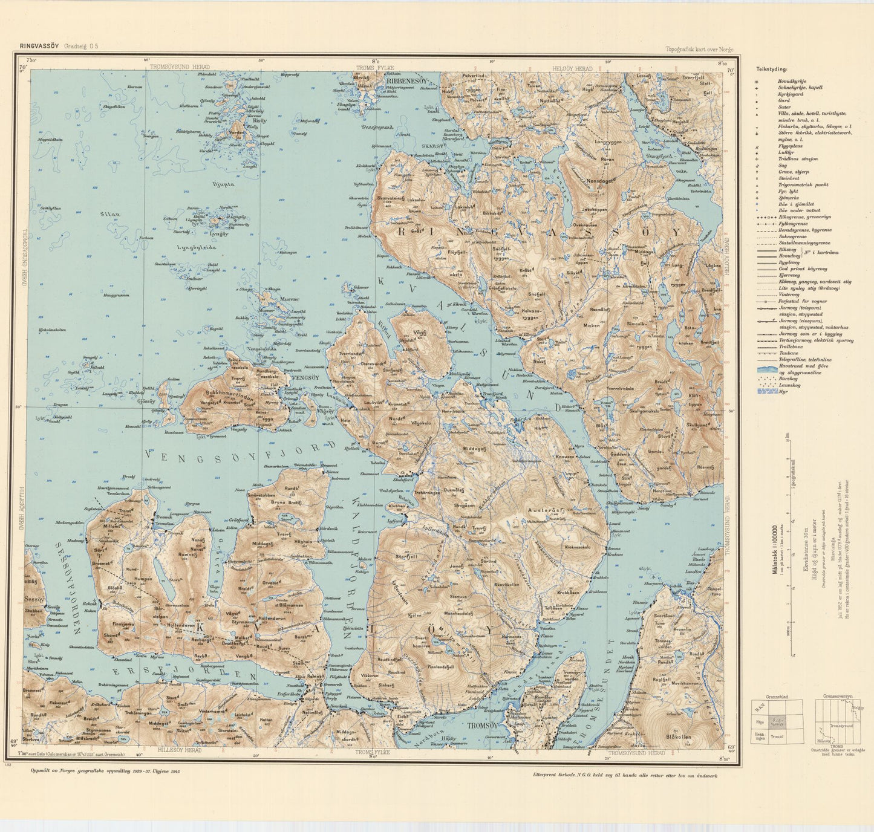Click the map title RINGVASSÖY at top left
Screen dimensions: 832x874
(x=39, y=46)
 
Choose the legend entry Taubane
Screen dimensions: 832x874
(x=788, y=353)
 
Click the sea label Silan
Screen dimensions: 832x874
(x=110, y=214)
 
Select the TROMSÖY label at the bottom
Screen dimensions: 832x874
(x=480, y=726)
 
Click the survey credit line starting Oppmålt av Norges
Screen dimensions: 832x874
(x=105, y=772)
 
